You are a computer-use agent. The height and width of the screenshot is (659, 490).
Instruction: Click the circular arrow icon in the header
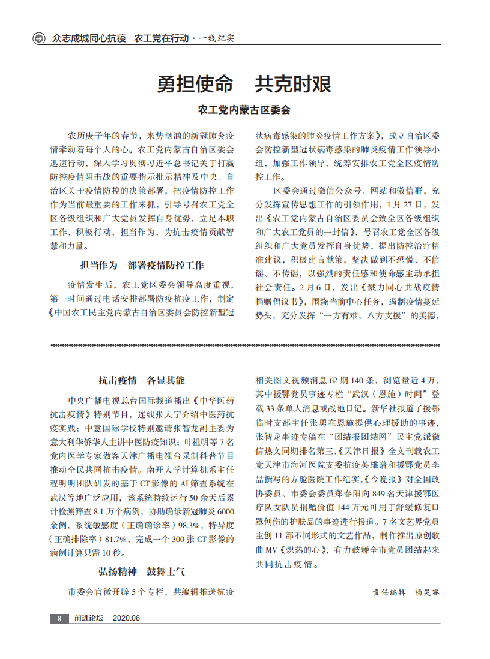click(40, 38)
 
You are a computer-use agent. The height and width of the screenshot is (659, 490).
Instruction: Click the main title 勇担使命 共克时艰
click(244, 84)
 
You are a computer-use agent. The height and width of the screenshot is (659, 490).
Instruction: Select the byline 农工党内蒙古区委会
click(244, 110)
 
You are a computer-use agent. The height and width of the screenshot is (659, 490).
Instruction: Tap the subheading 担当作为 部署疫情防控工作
click(142, 265)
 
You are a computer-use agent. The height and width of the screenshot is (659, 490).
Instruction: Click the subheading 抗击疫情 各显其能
click(142, 380)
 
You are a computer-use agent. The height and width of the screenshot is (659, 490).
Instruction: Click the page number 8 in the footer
click(59, 618)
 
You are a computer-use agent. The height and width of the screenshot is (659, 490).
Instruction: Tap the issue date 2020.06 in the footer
click(126, 618)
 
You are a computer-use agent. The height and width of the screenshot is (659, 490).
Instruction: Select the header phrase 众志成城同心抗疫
click(89, 38)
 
